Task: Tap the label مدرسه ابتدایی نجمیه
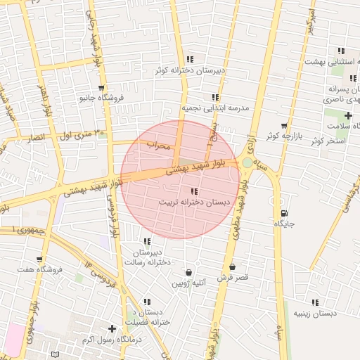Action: click(x=217, y=108)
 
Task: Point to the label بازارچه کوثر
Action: click(x=283, y=135)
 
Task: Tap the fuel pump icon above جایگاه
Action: click(x=283, y=213)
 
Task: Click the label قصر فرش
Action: click(x=233, y=278)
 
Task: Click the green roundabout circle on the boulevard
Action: click(x=247, y=163)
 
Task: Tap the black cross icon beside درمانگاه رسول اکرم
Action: click(x=112, y=328)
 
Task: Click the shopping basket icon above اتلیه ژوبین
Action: click(x=189, y=273)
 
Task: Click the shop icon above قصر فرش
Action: click(x=233, y=267)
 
